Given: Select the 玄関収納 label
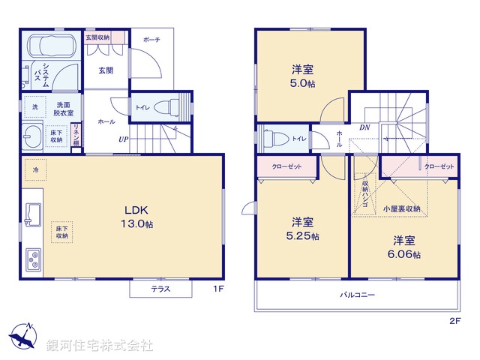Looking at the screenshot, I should click(x=97, y=37).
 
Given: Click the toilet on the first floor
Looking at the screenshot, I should click(x=172, y=106).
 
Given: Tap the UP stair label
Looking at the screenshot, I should click(x=122, y=139).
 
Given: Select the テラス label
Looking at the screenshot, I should click(x=160, y=289).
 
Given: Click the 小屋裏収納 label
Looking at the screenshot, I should click(x=401, y=208).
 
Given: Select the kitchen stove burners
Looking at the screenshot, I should click(x=35, y=259).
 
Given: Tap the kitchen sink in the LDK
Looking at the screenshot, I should click(x=34, y=213).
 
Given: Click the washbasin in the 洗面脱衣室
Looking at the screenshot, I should click(x=34, y=137).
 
